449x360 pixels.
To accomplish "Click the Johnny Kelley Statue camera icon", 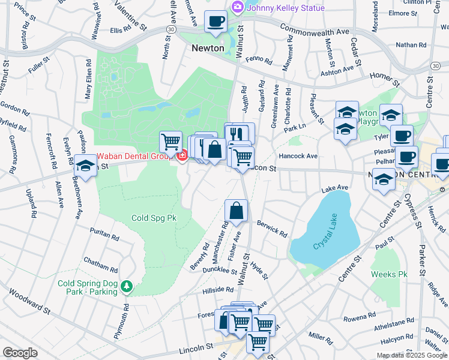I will [x=237, y=7].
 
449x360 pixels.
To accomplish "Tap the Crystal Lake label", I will [x=325, y=244].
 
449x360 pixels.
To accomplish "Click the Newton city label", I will [x=208, y=48].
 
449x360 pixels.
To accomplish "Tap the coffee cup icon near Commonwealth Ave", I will [x=215, y=21].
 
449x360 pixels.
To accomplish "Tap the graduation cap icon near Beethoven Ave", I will [x=85, y=165].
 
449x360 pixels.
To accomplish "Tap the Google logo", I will [x=20, y=353].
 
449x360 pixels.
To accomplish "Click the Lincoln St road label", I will [x=196, y=347].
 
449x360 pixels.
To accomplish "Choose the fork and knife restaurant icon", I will [x=239, y=133].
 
